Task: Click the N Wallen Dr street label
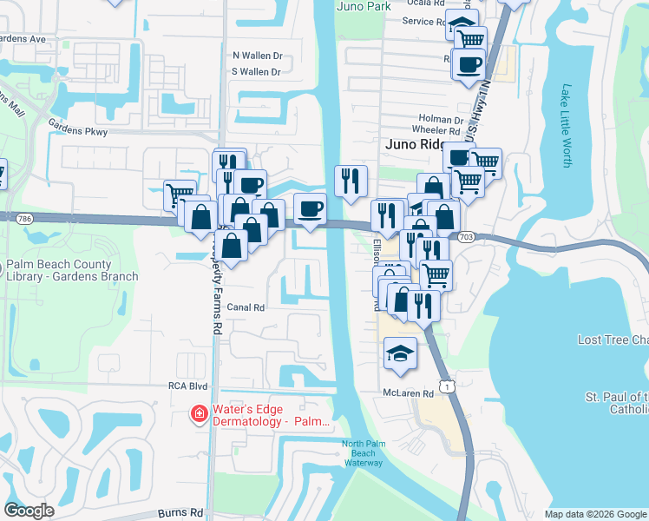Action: pos(258,55)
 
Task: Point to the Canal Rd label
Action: pos(246,307)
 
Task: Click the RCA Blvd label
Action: pos(188,385)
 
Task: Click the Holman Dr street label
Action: pos(441,120)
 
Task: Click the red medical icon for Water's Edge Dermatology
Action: pos(200,414)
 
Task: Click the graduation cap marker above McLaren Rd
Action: pos(399,353)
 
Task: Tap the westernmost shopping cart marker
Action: pos(180,195)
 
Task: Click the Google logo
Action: pos(29,510)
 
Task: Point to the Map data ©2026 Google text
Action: pos(594,514)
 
